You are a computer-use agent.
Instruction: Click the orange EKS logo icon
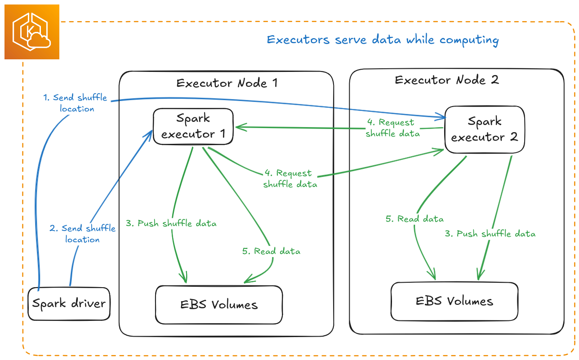pos(31,32)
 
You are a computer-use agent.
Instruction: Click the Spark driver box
pos(69,304)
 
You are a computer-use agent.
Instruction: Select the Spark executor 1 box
pos(193,126)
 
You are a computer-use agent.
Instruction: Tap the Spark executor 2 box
pos(484,129)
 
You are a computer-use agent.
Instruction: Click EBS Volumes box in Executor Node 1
pos(219,305)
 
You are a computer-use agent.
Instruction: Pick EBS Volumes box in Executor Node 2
pos(454,301)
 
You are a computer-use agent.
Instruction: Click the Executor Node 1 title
pos(227,83)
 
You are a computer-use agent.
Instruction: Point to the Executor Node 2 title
pos(447,80)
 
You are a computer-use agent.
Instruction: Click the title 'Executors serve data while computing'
pos(383,40)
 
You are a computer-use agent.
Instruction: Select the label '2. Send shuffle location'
pos(83,234)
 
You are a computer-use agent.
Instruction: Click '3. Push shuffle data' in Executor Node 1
pos(171,223)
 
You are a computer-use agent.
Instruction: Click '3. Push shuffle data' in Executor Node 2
pos(490,234)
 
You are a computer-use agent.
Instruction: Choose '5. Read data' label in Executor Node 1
pos(271,251)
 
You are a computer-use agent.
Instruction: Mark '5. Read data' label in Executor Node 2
pos(414,219)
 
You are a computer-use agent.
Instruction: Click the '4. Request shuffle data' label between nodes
pos(392,128)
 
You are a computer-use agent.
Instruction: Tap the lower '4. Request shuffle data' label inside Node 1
pos(290,178)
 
